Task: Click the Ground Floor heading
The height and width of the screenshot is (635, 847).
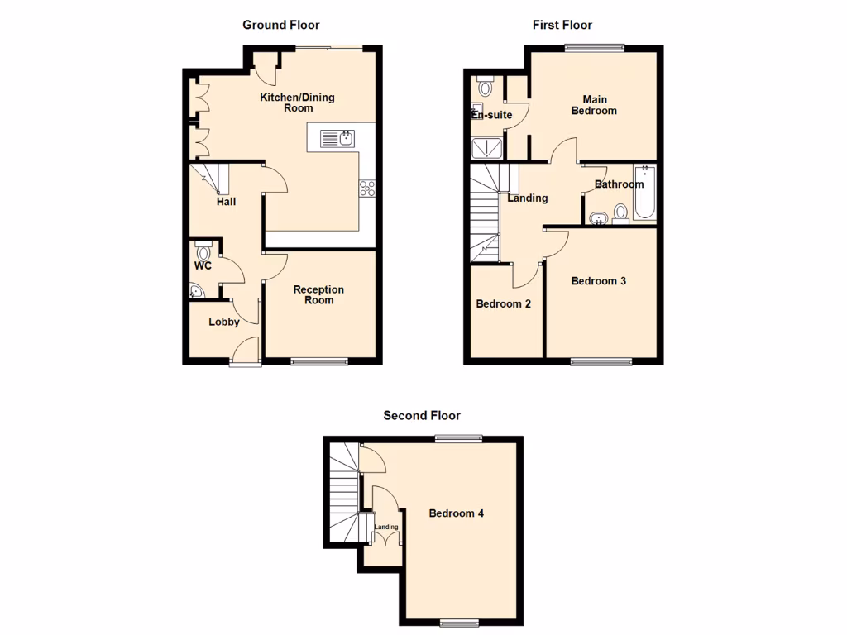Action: pos(280,26)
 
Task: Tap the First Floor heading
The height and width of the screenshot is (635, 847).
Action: pos(562,26)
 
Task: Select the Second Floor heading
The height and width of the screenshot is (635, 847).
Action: pos(421,416)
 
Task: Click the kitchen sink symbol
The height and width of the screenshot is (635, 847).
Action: pos(341,137)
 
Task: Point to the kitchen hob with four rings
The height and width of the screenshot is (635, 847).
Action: pos(366,188)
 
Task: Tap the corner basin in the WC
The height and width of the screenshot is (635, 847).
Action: pos(195,290)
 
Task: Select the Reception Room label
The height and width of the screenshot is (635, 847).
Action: pos(318,294)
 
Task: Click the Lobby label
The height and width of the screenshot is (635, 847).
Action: pos(223,322)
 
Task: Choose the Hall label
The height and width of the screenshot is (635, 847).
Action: pos(226,201)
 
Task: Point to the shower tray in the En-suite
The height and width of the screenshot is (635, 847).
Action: pos(486,148)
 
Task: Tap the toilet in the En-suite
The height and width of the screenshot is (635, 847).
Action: pos(485,85)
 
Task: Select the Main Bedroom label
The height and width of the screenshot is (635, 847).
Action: pos(594,105)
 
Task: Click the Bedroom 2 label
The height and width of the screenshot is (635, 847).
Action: pos(503,303)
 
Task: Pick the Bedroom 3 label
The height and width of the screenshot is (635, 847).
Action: pos(598,281)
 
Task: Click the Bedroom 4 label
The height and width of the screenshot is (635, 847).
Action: pos(456,513)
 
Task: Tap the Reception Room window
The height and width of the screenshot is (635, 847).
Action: pos(320,360)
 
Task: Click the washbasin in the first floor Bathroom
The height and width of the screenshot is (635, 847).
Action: pos(599,218)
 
